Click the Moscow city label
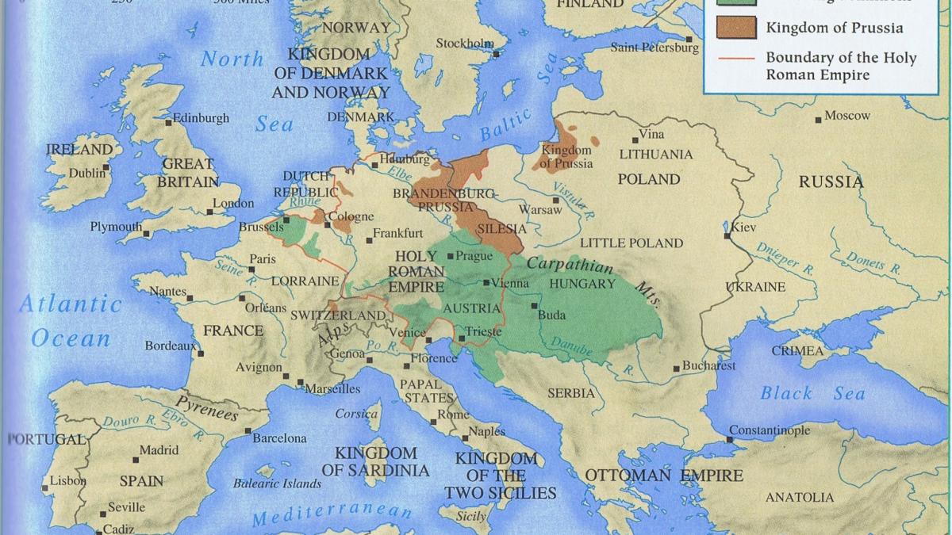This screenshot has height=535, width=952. click(x=847, y=116)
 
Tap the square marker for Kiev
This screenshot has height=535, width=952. click(x=727, y=235)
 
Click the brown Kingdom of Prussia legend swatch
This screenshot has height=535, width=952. click(x=734, y=27)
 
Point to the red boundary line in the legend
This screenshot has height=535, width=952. click(x=734, y=58)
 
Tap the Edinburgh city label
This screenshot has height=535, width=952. click(x=202, y=118)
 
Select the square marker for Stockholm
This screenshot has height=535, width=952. click(x=496, y=54)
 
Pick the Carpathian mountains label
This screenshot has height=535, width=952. click(x=570, y=265)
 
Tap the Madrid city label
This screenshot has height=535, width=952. click(x=159, y=450)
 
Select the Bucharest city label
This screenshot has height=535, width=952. click(x=708, y=366)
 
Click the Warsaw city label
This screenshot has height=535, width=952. click(x=539, y=210)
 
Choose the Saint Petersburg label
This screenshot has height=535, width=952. click(x=654, y=48)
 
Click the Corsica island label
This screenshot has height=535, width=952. click(x=356, y=414)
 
